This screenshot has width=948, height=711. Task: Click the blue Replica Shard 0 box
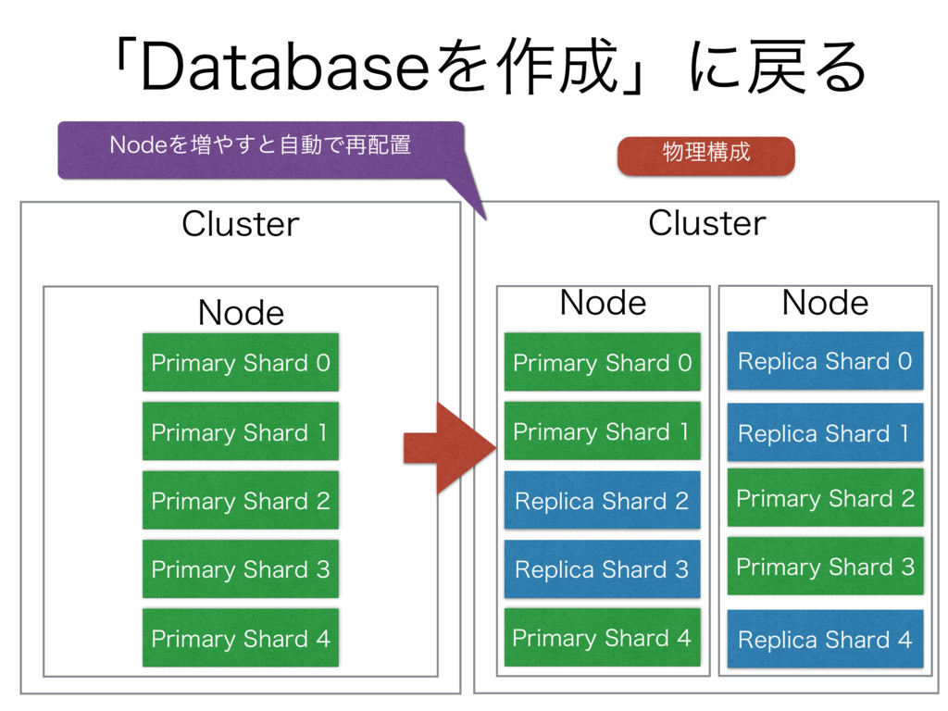825,360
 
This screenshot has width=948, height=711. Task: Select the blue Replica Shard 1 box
825,432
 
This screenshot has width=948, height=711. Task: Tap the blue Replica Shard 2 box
602,500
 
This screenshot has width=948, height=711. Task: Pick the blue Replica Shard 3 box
602,569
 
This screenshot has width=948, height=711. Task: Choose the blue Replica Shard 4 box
825,639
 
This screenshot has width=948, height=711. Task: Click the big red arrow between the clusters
451,449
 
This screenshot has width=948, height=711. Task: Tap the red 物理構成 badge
706,156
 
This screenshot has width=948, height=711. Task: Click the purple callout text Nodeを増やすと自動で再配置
260,145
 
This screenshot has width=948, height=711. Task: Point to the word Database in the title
285,67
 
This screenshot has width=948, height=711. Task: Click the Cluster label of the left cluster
240,224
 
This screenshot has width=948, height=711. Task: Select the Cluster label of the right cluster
706,222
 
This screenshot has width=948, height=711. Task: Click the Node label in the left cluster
241,313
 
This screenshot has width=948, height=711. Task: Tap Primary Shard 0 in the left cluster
241,362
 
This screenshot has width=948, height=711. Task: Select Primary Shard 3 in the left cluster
241,569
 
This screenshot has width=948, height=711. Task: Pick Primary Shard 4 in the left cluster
241,638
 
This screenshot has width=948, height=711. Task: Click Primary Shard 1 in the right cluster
602,431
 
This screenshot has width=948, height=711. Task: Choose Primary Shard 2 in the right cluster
825,497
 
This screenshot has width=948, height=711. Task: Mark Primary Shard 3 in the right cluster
825,567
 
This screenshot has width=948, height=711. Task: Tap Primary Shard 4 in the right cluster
602,638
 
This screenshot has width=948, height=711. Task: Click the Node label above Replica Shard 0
825,303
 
